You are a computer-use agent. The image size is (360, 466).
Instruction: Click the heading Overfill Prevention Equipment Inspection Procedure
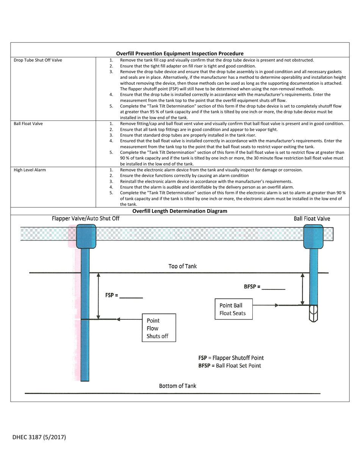tap(180, 53)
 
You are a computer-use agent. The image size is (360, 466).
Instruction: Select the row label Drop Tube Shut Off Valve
tap(38, 60)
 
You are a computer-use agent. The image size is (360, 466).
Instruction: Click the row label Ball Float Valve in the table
tap(28, 124)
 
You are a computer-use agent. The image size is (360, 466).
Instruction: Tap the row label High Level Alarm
tap(30, 170)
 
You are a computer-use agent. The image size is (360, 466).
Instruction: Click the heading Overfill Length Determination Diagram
tap(180, 211)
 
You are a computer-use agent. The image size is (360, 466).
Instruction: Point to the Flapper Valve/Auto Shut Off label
tap(86, 219)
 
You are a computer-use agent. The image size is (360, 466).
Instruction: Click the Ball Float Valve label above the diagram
tap(311, 219)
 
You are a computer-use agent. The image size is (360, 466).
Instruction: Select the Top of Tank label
tap(182, 266)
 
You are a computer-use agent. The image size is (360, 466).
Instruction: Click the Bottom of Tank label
tap(177, 386)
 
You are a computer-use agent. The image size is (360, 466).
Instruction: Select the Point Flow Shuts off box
tap(159, 328)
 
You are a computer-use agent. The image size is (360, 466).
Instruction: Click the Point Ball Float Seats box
tap(233, 309)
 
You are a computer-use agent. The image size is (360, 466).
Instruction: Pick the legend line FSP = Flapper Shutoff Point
tap(231, 358)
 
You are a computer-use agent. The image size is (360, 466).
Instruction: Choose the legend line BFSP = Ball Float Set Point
tap(229, 366)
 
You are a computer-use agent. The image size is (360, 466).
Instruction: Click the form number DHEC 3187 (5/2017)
tap(39, 437)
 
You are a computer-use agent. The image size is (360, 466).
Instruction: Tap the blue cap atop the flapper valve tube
tap(86, 236)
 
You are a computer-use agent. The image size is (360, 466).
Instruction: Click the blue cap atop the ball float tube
tap(313, 236)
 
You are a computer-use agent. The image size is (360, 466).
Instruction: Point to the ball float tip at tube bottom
tap(313, 314)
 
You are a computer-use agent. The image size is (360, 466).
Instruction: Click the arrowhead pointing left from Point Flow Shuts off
tap(118, 319)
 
